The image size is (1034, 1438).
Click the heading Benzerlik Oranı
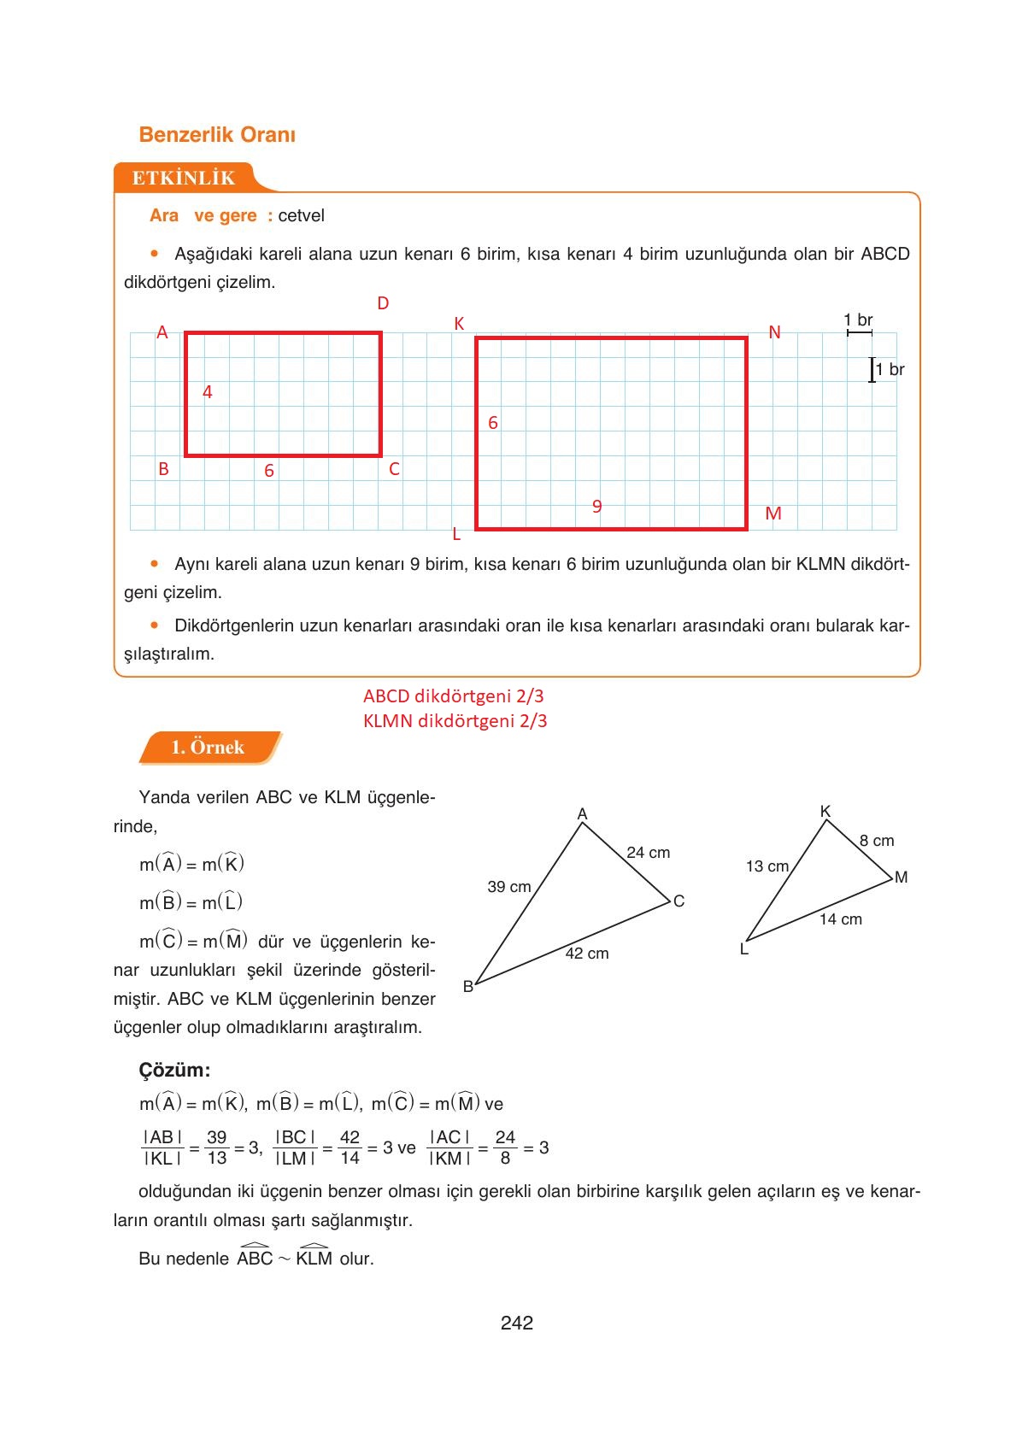click(217, 135)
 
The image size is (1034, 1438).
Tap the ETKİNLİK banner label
click(183, 178)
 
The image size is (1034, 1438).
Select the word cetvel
click(301, 215)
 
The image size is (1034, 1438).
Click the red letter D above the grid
click(383, 303)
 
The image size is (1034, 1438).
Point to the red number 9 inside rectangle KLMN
click(597, 507)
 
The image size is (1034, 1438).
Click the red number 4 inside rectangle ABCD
click(207, 392)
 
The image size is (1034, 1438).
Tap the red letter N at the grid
click(774, 332)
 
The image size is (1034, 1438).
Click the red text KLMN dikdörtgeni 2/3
click(455, 721)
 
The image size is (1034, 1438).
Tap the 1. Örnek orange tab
click(208, 748)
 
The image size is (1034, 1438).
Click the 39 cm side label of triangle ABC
click(509, 887)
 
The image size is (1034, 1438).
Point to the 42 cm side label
click(587, 954)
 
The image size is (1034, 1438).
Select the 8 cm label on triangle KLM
click(877, 841)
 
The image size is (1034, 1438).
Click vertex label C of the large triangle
click(679, 901)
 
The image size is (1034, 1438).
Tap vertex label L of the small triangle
click(743, 949)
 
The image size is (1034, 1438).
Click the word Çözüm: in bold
click(174, 1071)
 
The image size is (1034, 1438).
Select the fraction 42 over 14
click(350, 1147)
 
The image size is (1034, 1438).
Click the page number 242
click(517, 1324)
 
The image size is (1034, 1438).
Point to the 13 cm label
click(767, 866)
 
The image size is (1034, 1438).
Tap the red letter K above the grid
click(459, 324)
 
